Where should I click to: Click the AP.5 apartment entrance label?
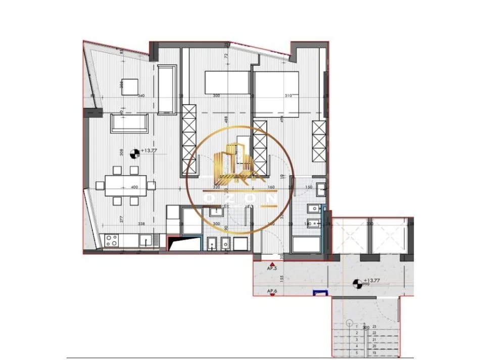point(272,268)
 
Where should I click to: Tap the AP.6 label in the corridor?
point(272,291)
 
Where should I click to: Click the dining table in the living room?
point(126,185)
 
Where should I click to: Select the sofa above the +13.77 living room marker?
point(129,123)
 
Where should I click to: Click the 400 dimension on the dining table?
point(134,187)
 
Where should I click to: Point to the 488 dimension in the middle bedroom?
point(226,120)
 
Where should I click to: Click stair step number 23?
point(374,327)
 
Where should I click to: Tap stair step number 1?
point(357,327)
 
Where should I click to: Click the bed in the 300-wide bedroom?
point(227,82)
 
